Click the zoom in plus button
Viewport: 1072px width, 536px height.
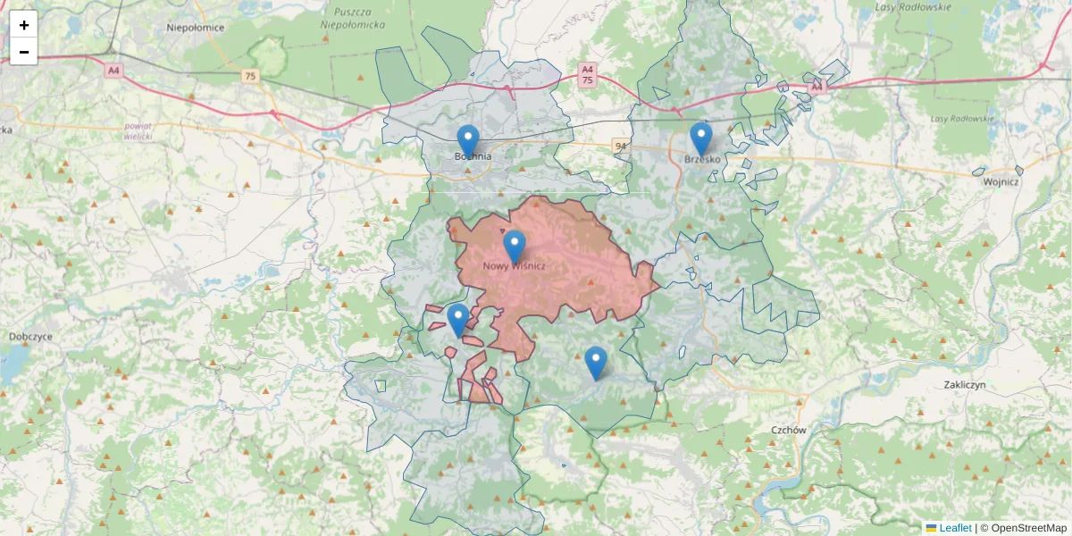click(24, 25)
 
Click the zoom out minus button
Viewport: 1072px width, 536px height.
click(24, 52)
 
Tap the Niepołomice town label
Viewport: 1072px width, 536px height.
click(195, 28)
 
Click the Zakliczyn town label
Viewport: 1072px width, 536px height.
click(964, 385)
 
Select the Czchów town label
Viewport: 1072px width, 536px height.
click(789, 430)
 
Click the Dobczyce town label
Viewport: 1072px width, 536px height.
click(30, 337)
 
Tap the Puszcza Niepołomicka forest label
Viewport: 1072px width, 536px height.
click(352, 19)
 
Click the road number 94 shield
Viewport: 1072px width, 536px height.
click(620, 145)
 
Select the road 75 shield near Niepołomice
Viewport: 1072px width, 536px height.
click(250, 77)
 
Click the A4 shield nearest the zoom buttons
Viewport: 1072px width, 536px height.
click(113, 70)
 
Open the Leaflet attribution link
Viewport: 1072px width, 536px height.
click(955, 528)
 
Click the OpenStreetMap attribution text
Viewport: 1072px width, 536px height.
click(1028, 528)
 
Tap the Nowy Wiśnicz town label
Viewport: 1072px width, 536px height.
click(514, 266)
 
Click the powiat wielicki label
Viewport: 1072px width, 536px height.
click(138, 131)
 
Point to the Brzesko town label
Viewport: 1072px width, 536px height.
click(702, 160)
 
